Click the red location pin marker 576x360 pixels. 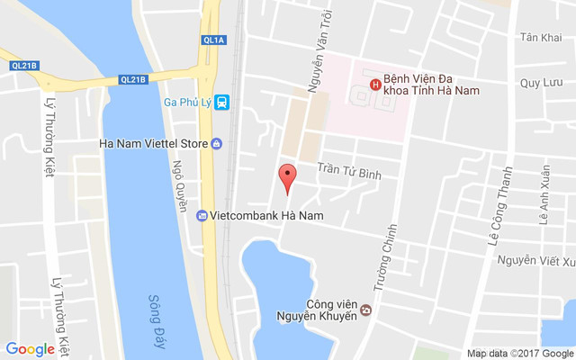coord(287,176)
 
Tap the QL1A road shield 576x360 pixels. coord(214,40)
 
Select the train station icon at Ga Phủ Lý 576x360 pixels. coord(222,102)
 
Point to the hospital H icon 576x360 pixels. coord(374,85)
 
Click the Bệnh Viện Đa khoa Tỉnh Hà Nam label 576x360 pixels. coord(430,84)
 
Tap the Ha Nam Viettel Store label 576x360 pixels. coord(153,143)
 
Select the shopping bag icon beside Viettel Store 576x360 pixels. coord(217,143)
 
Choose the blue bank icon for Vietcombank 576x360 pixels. coord(202,216)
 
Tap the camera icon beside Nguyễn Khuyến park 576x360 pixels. coord(366,311)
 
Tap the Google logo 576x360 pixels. coord(30,349)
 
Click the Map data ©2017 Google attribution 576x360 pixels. coord(519,353)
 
